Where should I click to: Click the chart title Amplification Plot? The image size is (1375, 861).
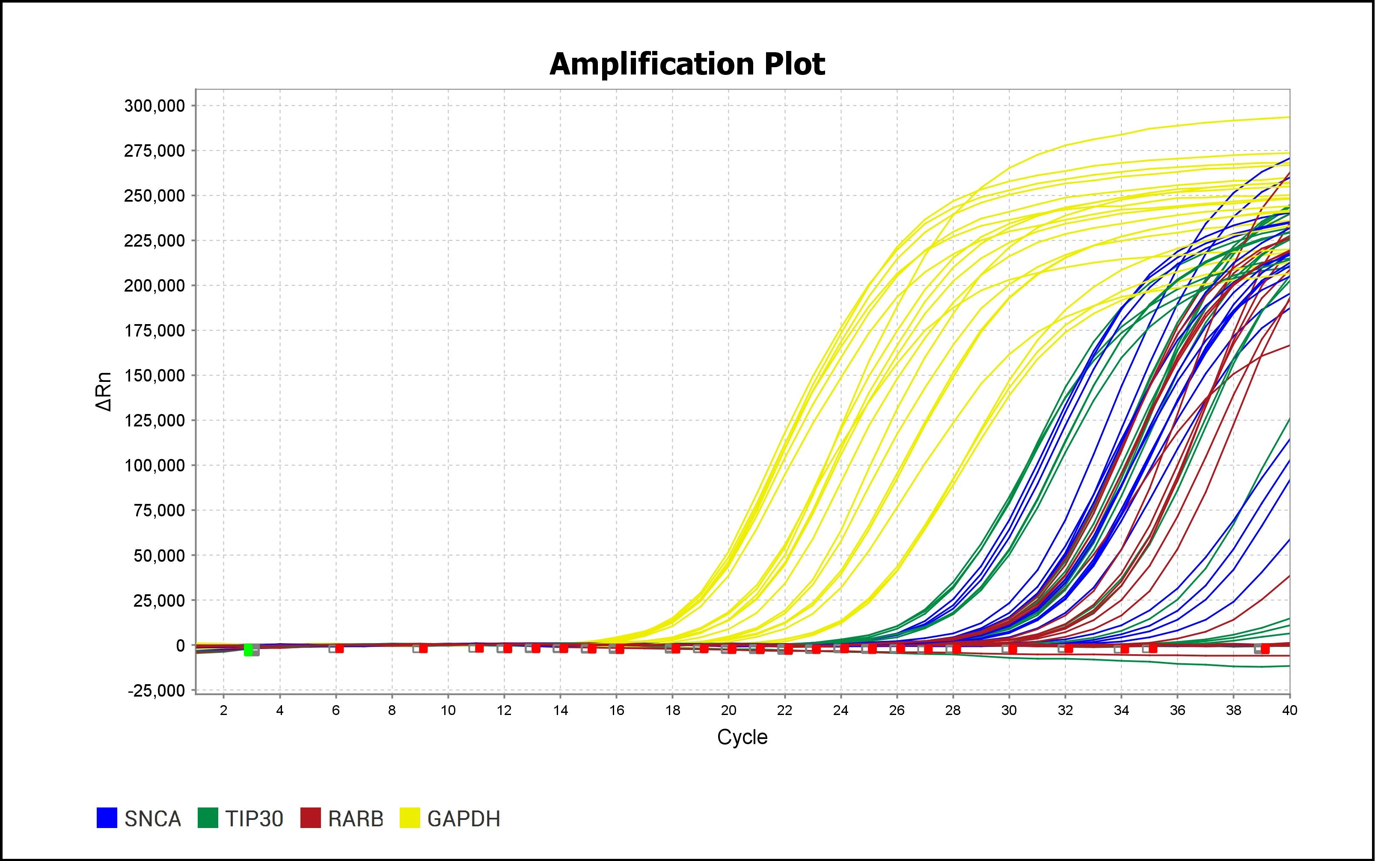click(x=687, y=64)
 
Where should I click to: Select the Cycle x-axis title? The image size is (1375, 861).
click(x=742, y=737)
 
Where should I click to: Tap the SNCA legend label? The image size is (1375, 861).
click(x=152, y=819)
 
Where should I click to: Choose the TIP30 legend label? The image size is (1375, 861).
click(x=254, y=819)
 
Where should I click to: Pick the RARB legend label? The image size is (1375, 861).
click(x=356, y=819)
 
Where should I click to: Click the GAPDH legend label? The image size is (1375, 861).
click(x=464, y=819)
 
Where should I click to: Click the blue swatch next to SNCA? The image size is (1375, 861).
click(x=107, y=818)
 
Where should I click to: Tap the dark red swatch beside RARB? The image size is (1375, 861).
click(x=310, y=818)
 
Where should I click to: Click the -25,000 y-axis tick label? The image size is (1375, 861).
click(x=157, y=691)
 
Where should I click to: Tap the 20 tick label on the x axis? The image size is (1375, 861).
click(x=728, y=710)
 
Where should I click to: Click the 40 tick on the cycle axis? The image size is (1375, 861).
click(x=1289, y=710)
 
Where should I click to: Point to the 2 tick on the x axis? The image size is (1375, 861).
click(x=224, y=710)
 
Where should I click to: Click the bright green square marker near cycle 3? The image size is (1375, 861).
click(x=248, y=650)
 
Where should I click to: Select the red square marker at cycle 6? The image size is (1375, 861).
click(x=339, y=649)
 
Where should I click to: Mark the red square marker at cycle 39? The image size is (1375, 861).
click(x=1265, y=649)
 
